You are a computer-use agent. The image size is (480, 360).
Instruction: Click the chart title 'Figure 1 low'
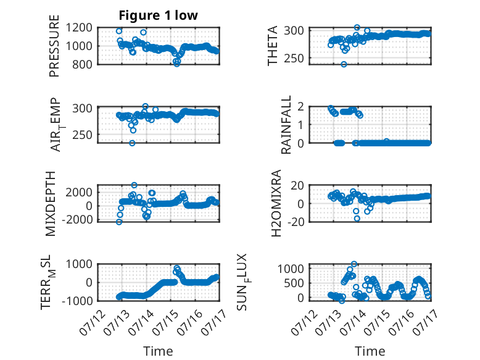[x=159, y=15]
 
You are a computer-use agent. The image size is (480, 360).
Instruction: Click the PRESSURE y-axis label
[x=54, y=46]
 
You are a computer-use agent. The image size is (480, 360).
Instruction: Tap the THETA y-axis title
[x=272, y=46]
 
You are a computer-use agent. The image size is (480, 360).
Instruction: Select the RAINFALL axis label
[x=286, y=125]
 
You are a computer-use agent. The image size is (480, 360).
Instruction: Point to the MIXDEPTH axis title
[x=51, y=204]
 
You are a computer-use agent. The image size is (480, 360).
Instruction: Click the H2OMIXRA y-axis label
[x=276, y=203]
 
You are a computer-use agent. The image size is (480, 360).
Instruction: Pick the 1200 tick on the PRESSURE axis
[x=79, y=28]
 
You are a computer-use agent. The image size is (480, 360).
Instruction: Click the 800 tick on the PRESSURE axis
[x=82, y=64]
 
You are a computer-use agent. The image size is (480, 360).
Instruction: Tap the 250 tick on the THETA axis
[x=294, y=58]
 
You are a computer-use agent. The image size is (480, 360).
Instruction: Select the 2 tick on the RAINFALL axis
[x=300, y=107]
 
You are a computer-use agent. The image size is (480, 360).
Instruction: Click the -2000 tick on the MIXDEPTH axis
[x=77, y=220]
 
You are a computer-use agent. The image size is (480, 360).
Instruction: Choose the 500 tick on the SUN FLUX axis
[x=294, y=283]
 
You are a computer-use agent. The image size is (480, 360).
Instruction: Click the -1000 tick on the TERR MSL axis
[x=77, y=301]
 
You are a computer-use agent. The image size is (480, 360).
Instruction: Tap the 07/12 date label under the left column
[x=92, y=322]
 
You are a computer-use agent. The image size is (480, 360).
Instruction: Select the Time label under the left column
[x=158, y=351]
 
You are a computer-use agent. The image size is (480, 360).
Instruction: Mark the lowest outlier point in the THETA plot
[x=344, y=64]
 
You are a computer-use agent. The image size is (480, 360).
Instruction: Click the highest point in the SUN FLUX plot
[x=354, y=264]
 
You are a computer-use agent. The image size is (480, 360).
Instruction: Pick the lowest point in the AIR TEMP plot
[x=132, y=143]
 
